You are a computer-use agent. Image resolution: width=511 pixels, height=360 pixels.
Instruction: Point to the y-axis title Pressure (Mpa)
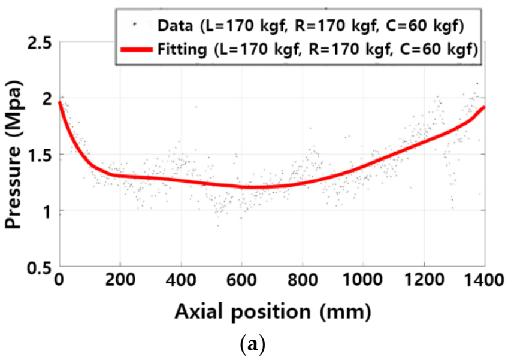coord(15,155)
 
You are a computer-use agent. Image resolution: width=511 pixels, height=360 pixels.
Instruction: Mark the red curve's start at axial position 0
coord(59,102)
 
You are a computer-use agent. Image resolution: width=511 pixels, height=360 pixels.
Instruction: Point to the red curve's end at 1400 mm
coord(483,107)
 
